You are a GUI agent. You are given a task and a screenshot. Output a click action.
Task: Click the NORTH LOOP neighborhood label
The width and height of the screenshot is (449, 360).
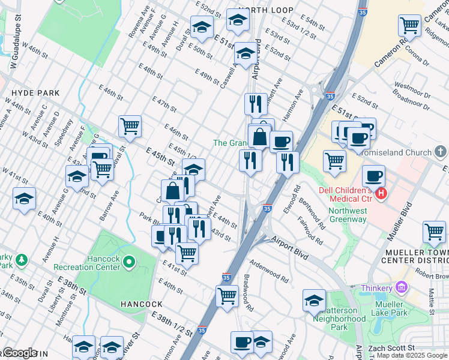point(265,10)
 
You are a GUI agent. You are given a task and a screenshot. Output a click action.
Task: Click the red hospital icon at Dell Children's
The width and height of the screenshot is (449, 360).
point(381,194)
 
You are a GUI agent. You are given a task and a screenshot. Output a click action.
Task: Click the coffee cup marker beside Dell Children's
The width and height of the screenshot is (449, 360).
point(373,176)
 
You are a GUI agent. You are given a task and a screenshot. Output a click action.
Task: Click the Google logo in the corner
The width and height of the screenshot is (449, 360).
point(19,353)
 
